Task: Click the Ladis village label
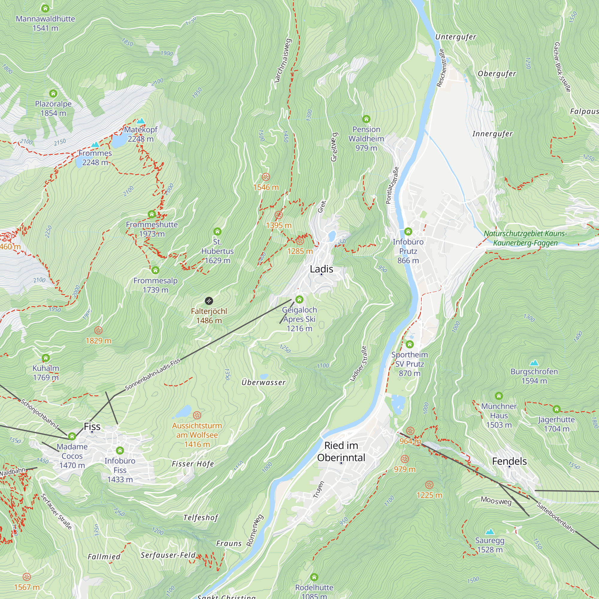click(321, 269)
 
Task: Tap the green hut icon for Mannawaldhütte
click(45, 8)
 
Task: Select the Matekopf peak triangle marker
click(141, 121)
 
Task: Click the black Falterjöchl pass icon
click(209, 301)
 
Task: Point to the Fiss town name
click(92, 426)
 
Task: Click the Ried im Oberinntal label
click(341, 451)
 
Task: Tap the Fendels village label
click(509, 461)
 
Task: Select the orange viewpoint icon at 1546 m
click(266, 177)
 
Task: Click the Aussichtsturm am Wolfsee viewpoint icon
click(197, 415)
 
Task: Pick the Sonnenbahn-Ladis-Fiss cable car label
click(152, 374)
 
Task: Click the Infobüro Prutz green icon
click(408, 231)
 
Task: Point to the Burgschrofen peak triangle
click(534, 363)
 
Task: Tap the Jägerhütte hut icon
click(556, 409)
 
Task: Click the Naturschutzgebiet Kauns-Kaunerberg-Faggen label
click(525, 238)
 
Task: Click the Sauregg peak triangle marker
click(490, 532)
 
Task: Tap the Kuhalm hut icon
click(46, 358)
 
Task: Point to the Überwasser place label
click(264, 382)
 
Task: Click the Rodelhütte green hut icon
click(314, 577)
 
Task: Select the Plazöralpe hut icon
click(53, 93)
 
